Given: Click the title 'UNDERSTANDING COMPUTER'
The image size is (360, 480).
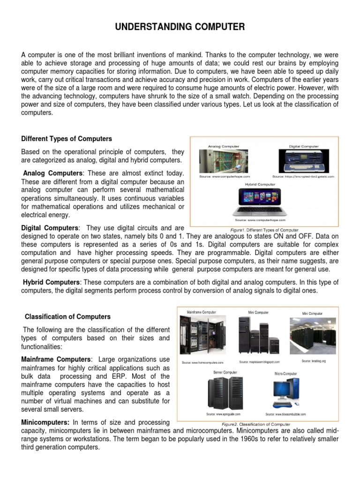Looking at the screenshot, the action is pos(180,28).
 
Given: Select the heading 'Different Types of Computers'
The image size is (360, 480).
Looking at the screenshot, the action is pos(67,139).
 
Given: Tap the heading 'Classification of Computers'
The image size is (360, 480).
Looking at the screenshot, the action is pos(67,316).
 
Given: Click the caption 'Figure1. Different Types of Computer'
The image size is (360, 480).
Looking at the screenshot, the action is pos(264,230).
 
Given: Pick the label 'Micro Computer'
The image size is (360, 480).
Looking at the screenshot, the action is pos(285,374).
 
